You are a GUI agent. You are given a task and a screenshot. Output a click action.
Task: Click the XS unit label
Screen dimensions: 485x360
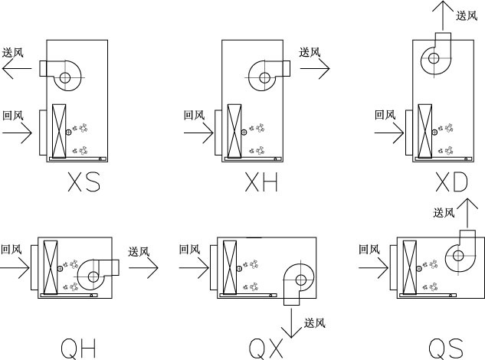(x=84, y=182)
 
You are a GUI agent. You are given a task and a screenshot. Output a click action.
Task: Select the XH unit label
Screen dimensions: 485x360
(x=261, y=182)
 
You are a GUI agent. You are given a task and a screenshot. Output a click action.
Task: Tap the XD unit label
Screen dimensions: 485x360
(x=451, y=182)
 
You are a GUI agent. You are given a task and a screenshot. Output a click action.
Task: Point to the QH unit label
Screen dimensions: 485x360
(x=78, y=349)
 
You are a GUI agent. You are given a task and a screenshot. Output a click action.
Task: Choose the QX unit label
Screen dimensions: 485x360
(x=266, y=349)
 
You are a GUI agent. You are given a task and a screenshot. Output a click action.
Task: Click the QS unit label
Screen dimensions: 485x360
(x=446, y=349)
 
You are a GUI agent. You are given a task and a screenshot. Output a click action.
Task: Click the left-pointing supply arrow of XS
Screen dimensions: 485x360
(x=17, y=68)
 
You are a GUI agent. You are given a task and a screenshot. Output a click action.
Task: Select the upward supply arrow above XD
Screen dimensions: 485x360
(x=443, y=15)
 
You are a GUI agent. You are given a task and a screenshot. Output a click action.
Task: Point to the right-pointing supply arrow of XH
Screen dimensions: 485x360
(x=315, y=68)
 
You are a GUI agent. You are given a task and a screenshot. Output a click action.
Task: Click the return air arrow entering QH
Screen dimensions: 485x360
(x=15, y=268)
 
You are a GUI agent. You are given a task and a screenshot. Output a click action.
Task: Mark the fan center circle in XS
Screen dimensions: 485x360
(x=65, y=77)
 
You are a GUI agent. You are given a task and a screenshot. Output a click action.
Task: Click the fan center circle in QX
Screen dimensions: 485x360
(x=300, y=280)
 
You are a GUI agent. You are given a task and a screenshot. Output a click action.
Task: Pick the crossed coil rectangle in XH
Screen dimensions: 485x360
(x=234, y=131)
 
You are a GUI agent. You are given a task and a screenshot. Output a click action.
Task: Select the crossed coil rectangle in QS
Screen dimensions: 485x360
(x=410, y=267)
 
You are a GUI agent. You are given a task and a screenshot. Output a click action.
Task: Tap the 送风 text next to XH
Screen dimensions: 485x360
(x=310, y=52)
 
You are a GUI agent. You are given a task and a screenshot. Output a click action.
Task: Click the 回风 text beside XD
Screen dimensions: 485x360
(x=385, y=115)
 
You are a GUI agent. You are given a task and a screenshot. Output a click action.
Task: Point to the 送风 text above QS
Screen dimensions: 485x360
(x=444, y=213)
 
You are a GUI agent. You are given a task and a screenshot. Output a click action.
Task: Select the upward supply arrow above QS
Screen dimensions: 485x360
(x=467, y=214)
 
